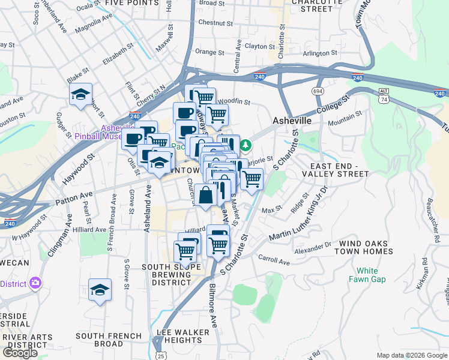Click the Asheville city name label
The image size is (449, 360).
[292, 121]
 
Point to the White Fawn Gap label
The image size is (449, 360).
[368, 275]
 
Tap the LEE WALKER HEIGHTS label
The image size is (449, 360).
[183, 336]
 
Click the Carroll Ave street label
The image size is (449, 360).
[274, 261]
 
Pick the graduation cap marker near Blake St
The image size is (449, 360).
[80, 95]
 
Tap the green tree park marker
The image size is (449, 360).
[246, 146]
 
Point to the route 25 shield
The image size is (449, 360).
[159, 347]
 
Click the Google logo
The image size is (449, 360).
[20, 353]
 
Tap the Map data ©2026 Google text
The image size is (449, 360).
[412, 355]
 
